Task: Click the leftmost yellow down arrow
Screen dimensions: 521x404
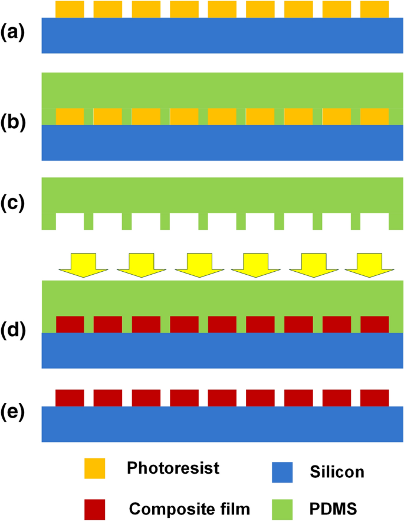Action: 83,265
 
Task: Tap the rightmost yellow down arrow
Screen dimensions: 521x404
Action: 369,265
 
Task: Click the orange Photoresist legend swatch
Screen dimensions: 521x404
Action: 95,469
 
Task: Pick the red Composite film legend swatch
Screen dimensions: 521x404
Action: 95,507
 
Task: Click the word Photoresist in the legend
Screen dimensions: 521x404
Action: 173,469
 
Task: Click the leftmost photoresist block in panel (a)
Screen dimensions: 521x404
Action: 70,9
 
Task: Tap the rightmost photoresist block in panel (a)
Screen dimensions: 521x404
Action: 375,9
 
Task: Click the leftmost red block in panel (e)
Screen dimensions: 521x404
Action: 70,398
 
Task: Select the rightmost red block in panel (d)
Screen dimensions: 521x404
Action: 375,324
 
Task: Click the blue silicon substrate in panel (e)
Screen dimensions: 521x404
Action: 222,424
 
